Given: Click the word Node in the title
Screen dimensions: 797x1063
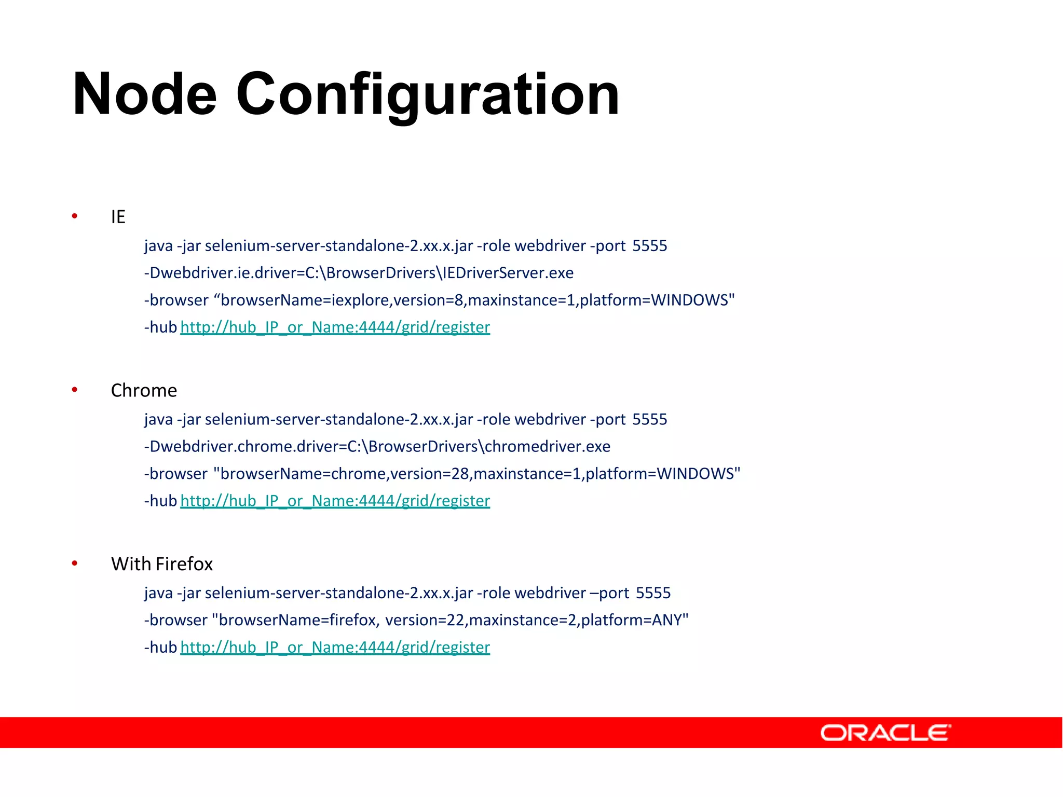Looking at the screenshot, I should [144, 94].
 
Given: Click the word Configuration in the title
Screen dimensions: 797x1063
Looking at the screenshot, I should [428, 94].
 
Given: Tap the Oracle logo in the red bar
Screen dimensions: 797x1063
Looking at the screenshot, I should [885, 733].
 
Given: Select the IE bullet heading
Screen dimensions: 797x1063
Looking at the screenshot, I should [118, 217].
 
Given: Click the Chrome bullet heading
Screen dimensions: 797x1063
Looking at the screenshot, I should [144, 390].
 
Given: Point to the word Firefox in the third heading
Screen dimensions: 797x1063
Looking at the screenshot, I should [184, 564].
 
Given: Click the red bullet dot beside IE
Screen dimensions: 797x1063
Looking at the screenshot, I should [75, 216].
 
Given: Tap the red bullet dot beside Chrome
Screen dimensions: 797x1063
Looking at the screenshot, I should [75, 389].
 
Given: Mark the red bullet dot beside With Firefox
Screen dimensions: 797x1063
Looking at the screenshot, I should [75, 563].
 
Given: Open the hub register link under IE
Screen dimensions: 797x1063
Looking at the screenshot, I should [335, 327].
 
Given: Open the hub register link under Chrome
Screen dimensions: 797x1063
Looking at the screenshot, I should [335, 501].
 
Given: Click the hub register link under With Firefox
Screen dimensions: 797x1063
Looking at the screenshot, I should [335, 648].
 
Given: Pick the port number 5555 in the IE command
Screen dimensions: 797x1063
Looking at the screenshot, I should [649, 246].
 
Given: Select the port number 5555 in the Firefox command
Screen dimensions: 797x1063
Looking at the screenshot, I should [653, 593].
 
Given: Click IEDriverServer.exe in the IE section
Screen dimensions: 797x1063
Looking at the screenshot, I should [508, 273].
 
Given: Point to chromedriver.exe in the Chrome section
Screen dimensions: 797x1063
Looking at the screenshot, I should [547, 447].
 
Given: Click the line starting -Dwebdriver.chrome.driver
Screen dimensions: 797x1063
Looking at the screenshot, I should [377, 447].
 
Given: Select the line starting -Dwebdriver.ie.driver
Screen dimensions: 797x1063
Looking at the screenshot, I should [359, 273].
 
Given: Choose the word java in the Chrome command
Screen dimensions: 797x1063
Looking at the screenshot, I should [158, 419].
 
